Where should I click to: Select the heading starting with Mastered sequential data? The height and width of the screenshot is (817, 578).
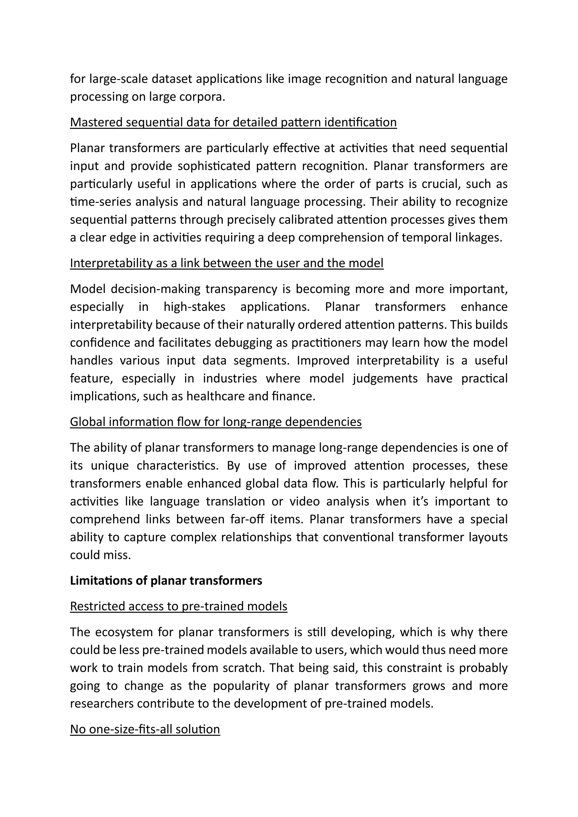(233, 122)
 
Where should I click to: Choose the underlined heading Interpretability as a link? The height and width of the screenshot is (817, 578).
(226, 263)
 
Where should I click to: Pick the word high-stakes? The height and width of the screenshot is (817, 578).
(194, 307)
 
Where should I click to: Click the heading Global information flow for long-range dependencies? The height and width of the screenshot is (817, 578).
(216, 422)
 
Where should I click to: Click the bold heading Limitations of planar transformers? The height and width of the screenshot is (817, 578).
(166, 580)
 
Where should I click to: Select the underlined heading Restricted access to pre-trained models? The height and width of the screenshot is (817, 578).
(178, 606)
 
